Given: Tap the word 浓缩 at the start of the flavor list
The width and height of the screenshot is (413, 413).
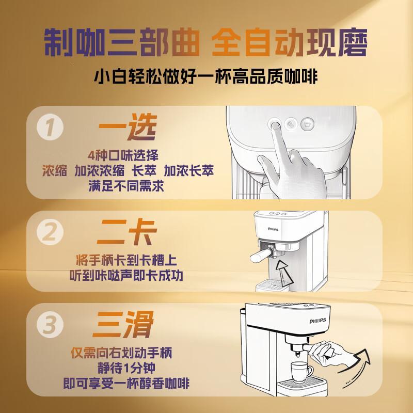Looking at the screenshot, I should click(x=54, y=171).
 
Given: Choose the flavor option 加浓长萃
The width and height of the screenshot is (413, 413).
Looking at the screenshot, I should click(x=189, y=171).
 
